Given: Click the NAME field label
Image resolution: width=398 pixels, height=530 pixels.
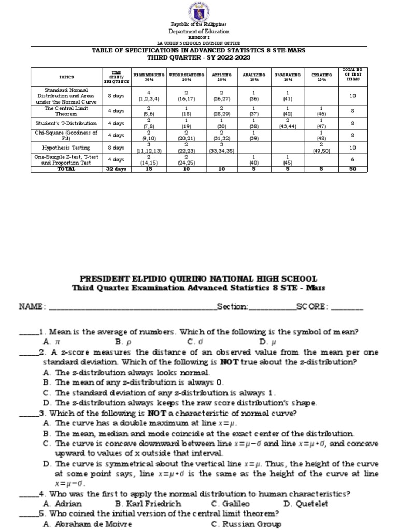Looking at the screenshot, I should pos(33,306).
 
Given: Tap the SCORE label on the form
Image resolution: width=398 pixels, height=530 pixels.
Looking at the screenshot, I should pos(311,306).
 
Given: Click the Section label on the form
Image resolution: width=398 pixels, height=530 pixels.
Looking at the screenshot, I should pos(233,306).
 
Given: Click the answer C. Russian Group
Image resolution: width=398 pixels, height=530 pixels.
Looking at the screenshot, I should pos(247,524).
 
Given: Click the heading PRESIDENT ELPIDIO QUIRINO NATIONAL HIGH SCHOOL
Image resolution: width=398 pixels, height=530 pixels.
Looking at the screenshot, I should pos(199,278).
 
